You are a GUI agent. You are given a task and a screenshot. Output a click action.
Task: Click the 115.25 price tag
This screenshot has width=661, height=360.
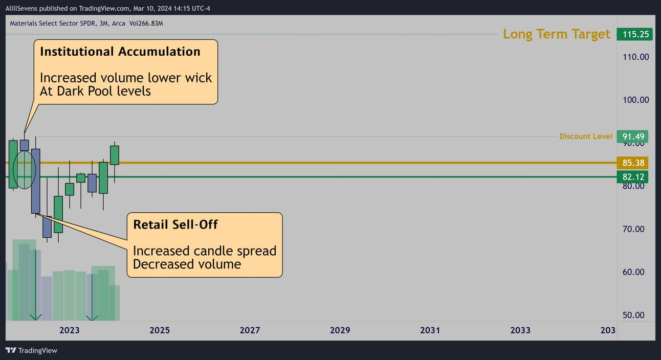tap(634, 34)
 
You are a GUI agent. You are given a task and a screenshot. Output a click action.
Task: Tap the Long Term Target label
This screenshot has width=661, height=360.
tap(556, 34)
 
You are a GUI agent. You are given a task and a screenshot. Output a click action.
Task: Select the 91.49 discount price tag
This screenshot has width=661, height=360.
tap(632, 137)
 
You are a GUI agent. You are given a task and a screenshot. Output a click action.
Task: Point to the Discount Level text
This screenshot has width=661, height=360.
tap(586, 137)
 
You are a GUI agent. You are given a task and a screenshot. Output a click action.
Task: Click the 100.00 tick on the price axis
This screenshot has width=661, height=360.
tap(635, 100)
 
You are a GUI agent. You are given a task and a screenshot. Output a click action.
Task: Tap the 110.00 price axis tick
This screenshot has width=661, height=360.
tap(635, 57)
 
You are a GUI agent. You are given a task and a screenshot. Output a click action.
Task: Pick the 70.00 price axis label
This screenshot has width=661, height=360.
tap(633, 229)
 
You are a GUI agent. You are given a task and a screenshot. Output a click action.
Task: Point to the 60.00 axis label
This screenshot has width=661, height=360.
tap(633, 272)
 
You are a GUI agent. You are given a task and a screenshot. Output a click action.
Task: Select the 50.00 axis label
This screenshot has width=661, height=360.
tap(633, 315)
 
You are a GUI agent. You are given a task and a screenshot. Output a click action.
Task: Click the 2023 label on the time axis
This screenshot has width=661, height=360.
tap(70, 330)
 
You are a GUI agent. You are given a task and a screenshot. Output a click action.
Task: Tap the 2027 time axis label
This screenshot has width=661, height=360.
tap(250, 330)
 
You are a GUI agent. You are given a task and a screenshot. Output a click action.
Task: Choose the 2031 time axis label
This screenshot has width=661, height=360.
tap(430, 330)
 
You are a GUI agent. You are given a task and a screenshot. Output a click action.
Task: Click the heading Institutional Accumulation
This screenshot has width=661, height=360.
tap(120, 52)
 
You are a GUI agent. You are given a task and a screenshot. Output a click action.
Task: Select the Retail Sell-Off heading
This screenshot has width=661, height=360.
tap(175, 224)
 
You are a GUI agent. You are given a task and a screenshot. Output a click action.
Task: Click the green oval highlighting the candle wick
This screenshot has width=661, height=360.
tap(14, 170)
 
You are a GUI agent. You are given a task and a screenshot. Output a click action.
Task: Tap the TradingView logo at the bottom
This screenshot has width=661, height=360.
tap(31, 351)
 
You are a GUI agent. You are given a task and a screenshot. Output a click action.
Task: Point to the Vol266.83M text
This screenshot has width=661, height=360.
tap(146, 24)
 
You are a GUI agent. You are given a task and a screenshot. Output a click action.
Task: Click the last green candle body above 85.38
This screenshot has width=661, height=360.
tap(115, 155)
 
